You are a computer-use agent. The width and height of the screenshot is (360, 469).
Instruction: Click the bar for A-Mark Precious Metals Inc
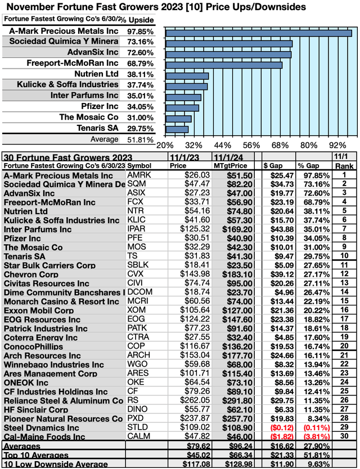(259, 33)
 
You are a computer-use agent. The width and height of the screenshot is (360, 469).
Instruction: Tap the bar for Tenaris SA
(177, 129)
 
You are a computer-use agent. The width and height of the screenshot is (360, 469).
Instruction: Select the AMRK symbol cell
(138, 175)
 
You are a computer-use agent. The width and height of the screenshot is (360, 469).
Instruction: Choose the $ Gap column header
(274, 166)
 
